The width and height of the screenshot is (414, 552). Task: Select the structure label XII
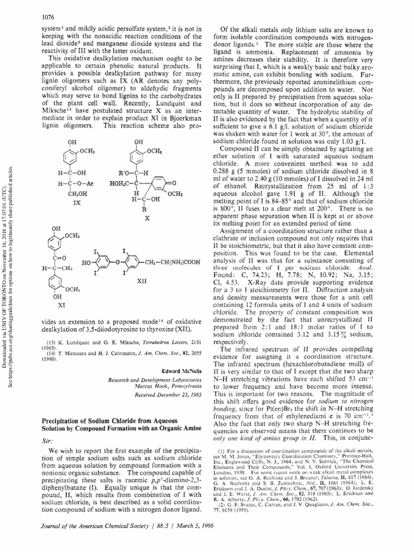[142, 281]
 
